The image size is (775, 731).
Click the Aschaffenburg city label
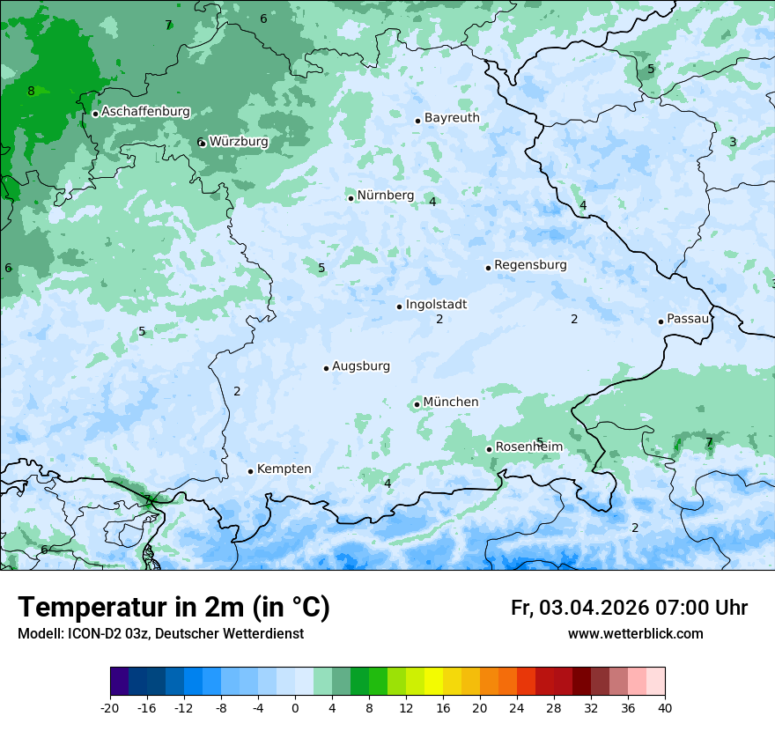pos(145,112)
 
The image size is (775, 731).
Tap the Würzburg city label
pos(239,142)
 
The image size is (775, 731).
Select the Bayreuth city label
pos(452,118)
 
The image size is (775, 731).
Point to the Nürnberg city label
pos(385,196)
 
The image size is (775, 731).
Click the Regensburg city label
pos(530,265)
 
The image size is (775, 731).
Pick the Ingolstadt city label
pos(436,305)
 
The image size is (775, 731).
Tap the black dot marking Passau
pos(661,321)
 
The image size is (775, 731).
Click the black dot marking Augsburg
pos(326,368)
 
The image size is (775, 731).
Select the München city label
pos(451,402)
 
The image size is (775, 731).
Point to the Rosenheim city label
pos(528,447)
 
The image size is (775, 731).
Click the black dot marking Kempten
pos(250,471)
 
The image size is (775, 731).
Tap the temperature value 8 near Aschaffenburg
pos(31,91)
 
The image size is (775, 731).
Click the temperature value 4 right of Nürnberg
pos(432,202)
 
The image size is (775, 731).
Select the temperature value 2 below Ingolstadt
pos(439,319)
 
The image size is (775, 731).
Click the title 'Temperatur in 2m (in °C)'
pos(173,607)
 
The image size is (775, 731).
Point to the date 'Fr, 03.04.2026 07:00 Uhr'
pos(629,608)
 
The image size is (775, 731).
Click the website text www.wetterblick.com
pos(635,634)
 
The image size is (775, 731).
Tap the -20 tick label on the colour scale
pos(110,707)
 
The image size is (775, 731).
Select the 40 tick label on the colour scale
pos(664,707)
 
